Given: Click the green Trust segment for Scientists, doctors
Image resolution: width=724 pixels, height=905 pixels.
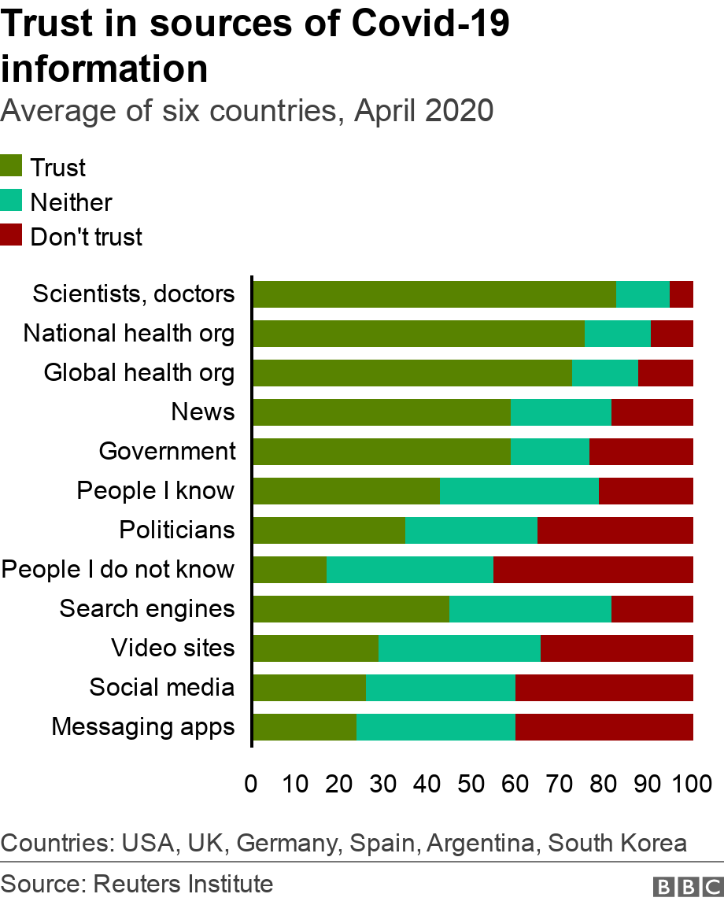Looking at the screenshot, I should coord(434,294).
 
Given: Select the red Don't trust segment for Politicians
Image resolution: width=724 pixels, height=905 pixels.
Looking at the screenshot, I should coord(615,530).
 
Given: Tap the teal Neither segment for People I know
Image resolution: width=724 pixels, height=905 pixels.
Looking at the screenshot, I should coord(519,491).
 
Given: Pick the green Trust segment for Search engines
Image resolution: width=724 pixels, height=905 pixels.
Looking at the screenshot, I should coord(351,609).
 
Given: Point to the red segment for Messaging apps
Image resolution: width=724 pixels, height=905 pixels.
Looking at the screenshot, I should coord(604,727).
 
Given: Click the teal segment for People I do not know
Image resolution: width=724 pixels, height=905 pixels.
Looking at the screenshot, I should coord(410,570).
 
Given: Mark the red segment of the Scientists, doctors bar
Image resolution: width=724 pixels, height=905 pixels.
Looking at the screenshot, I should coord(682,294).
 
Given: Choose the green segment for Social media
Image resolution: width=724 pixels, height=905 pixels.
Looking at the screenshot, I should coord(309,688).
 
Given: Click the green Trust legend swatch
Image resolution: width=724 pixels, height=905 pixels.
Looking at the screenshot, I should coord(12,167).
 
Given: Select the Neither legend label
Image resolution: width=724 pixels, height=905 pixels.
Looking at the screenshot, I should coord(71,202).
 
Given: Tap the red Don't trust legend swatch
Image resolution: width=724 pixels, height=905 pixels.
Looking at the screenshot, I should coord(12,235).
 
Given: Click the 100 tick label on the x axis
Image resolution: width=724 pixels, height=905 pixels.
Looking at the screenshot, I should coord(691,784).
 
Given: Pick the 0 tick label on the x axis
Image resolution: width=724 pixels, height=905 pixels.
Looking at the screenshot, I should coord(252,784).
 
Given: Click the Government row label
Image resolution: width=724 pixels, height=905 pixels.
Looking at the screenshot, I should coord(167,452).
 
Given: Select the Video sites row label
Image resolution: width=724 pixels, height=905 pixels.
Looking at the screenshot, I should coord(173,648).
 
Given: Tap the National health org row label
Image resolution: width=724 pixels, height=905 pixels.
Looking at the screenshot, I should coord(129,334).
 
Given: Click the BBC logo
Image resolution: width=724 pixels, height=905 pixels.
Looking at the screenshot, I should coord(687,887).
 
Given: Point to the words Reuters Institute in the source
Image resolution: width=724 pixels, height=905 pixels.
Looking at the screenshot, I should coord(183,884).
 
